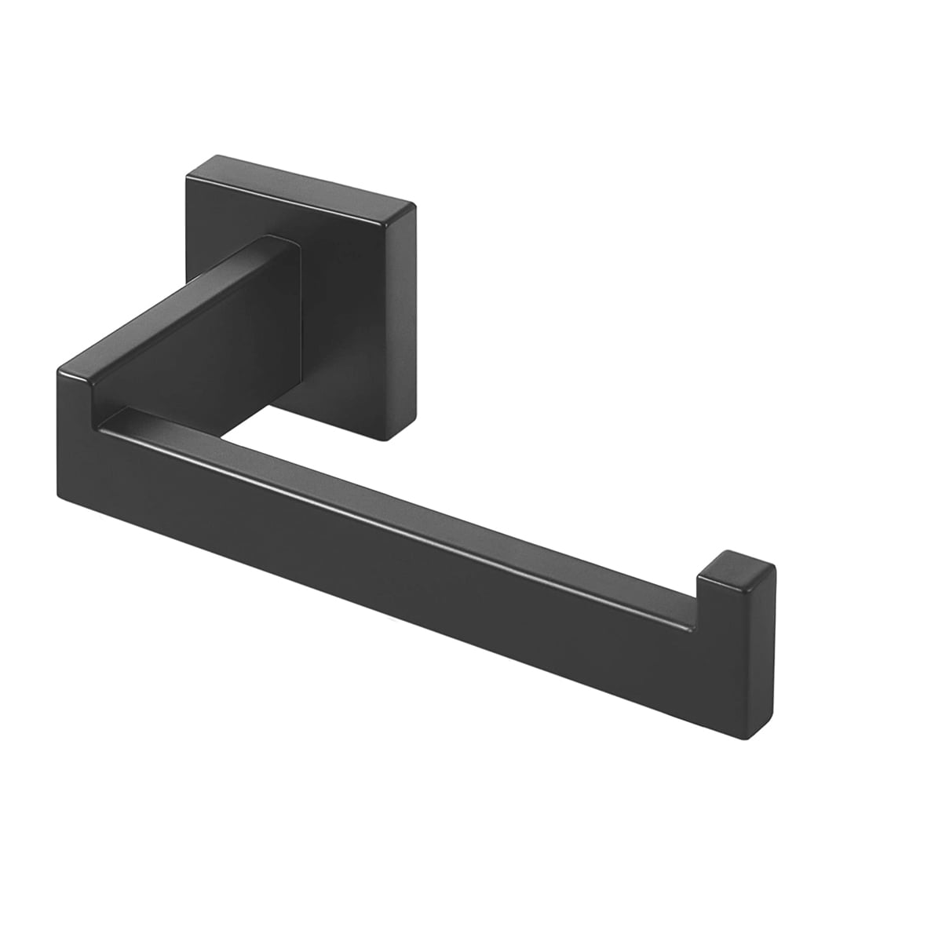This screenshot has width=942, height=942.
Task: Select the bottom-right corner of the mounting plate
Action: click(386, 440)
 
